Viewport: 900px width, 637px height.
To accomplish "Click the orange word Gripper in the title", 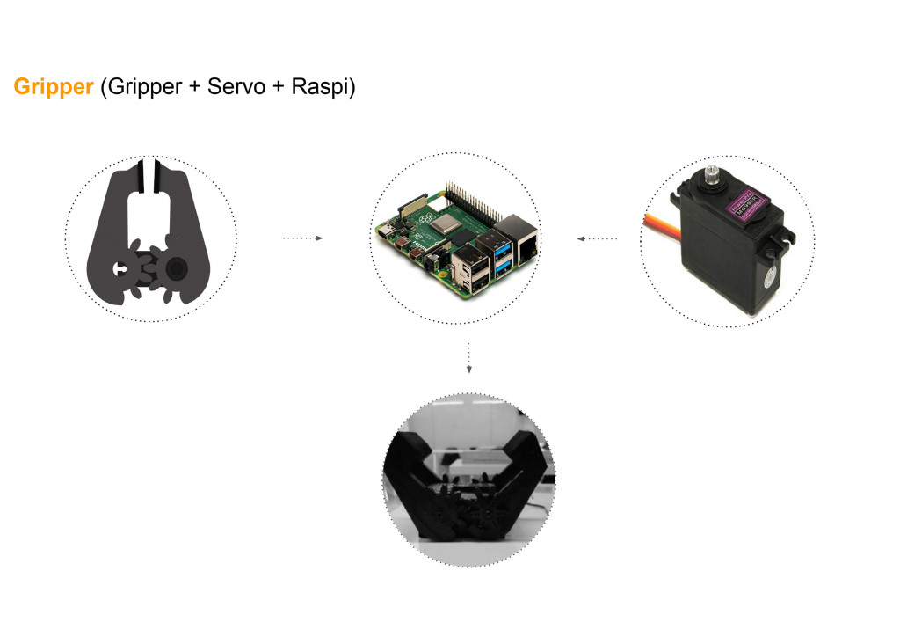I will (x=54, y=87).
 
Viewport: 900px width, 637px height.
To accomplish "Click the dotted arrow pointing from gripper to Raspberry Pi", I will (x=302, y=238).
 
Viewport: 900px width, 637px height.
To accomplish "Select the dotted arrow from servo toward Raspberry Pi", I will (x=597, y=238).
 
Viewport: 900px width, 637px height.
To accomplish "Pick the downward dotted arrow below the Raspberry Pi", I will (x=469, y=356).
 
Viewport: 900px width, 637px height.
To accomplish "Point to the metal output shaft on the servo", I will (x=713, y=172).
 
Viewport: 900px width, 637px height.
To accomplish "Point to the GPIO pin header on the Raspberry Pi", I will (x=478, y=201).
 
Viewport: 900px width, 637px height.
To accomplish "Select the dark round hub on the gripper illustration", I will (x=177, y=266).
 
